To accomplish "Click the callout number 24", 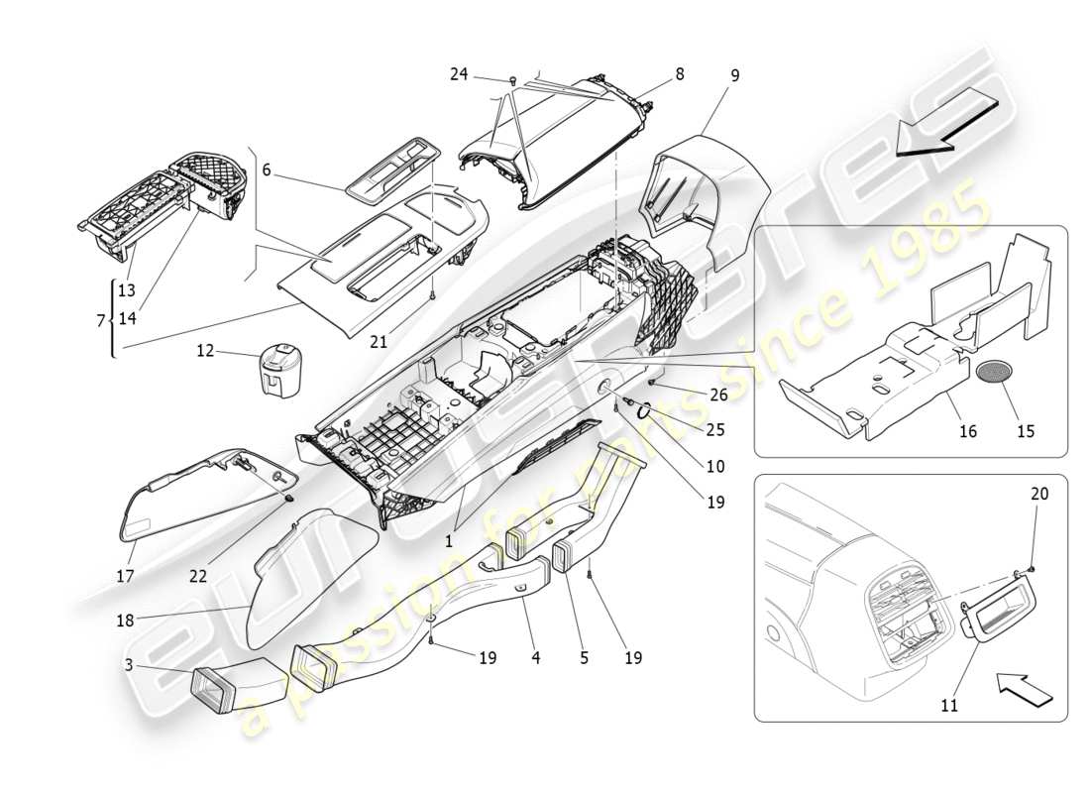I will (x=458, y=74).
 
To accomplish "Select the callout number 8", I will (x=680, y=73).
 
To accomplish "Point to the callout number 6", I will (x=267, y=170).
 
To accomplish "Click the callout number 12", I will (x=204, y=351).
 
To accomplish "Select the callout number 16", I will (x=966, y=431).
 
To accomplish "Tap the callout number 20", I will (x=1038, y=493).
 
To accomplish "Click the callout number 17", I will (x=127, y=574).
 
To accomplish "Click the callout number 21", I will (x=378, y=342).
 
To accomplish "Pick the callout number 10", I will (x=715, y=466).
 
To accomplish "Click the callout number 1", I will (x=448, y=541).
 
